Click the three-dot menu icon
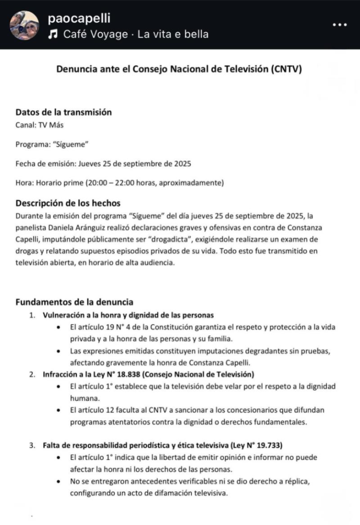pyautogui.click(x=340, y=25)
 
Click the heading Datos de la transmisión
pyautogui.click(x=64, y=112)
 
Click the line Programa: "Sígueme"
pyautogui.click(x=52, y=144)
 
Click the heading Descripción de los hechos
pyautogui.click(x=68, y=203)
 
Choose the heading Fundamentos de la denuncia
pyautogui.click(x=74, y=302)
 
